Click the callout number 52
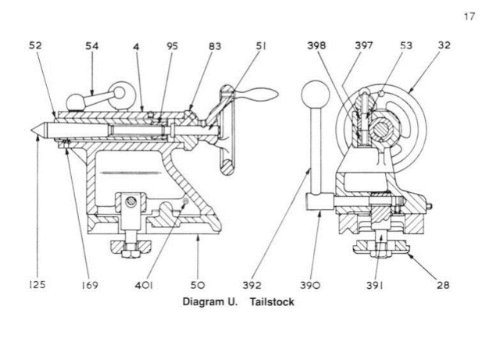tap(35, 45)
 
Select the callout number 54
tap(92, 46)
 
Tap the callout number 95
tap(172, 46)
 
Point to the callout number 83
tap(215, 46)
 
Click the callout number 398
tap(316, 45)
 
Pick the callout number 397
tap(364, 45)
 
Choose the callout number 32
tap(445, 45)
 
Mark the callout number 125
tap(37, 284)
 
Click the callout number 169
tap(89, 285)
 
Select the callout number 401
tap(144, 285)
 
